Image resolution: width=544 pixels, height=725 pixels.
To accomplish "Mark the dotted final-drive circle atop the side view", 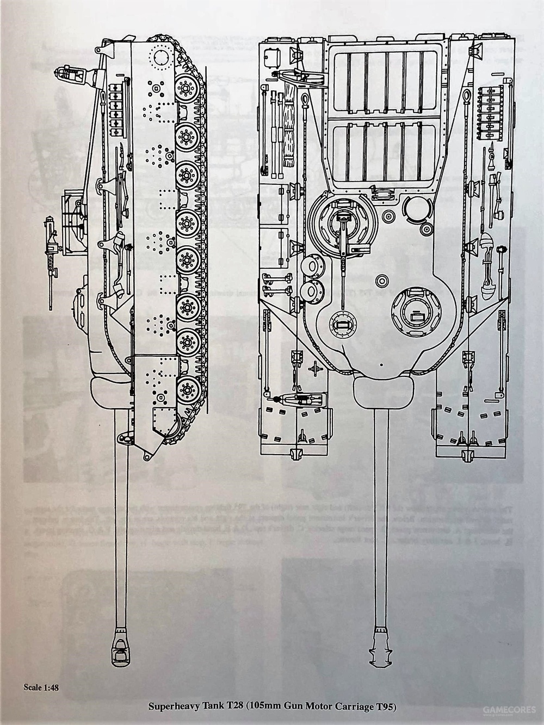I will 162,55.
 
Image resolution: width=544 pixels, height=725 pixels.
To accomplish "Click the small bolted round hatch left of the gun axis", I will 342,325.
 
